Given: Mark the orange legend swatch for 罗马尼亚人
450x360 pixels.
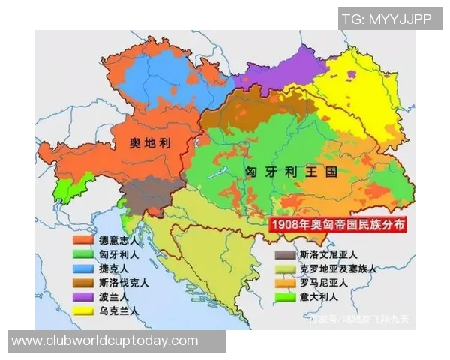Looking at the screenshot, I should pyautogui.click(x=283, y=283).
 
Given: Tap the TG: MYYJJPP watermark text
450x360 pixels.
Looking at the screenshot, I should pyautogui.click(x=386, y=19).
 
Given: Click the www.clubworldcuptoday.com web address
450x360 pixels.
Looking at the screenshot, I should pyautogui.click(x=105, y=341).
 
